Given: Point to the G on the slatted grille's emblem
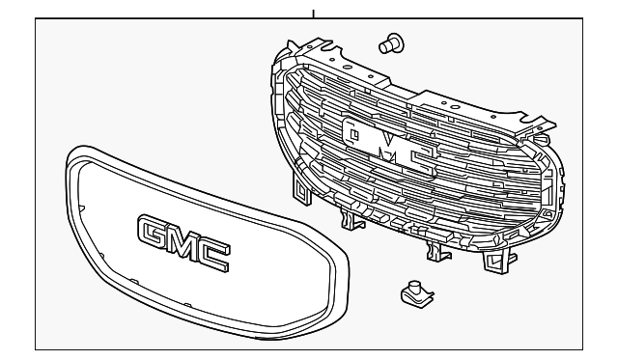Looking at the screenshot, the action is [x=353, y=134].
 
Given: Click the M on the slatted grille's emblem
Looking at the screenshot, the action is [x=386, y=145].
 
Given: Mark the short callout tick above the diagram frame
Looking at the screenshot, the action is [x=312, y=13].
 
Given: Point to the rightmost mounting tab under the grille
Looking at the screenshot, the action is [x=499, y=258].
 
